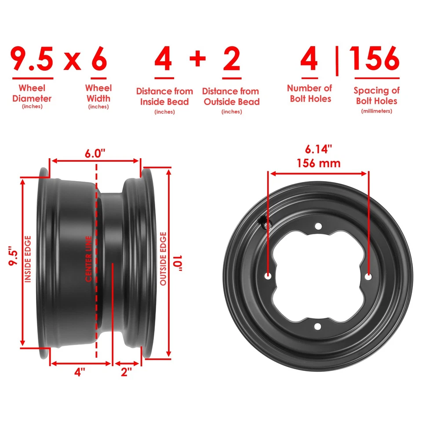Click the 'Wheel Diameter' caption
tap(32, 94)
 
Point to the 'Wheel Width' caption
tap(98, 93)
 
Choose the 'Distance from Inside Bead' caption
tap(164, 97)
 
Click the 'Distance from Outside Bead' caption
tap(231, 97)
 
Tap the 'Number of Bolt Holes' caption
tap(310, 94)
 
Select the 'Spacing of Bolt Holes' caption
tap(376, 96)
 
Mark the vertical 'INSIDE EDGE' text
tap(28, 259)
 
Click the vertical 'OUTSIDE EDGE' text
tap(163, 259)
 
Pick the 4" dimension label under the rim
tap(80, 372)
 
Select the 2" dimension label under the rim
tap(126, 372)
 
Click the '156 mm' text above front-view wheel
tap(319, 163)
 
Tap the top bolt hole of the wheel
tap(319, 226)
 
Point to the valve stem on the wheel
tap(266, 225)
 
